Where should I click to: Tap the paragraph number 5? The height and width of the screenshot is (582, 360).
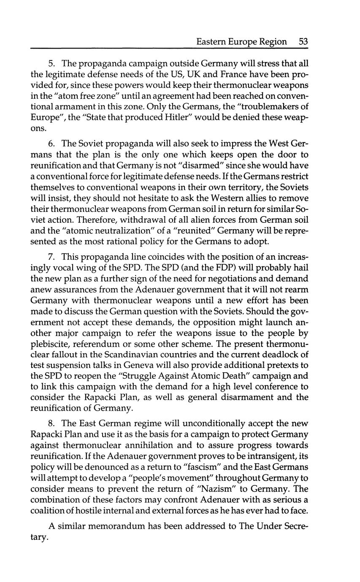[x=51, y=64]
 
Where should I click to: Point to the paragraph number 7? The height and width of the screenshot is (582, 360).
[x=51, y=257]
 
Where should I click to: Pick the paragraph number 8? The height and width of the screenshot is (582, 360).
[x=51, y=423]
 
